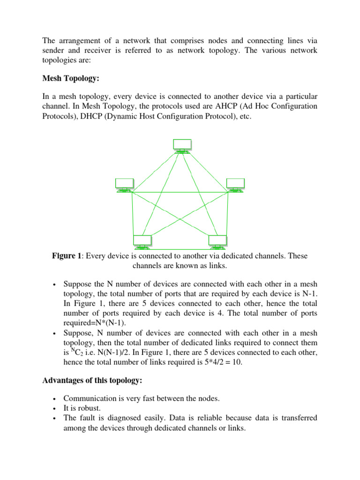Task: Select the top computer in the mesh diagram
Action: (x=182, y=145)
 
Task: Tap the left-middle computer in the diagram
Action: (x=124, y=185)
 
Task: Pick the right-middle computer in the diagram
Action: (x=235, y=185)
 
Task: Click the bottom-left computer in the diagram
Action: (x=142, y=242)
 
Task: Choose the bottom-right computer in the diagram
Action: (x=217, y=242)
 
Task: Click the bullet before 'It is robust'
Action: (x=55, y=408)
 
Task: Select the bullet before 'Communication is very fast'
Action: (x=55, y=398)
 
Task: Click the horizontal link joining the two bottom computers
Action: (x=180, y=248)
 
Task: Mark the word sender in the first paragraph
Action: (x=53, y=50)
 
